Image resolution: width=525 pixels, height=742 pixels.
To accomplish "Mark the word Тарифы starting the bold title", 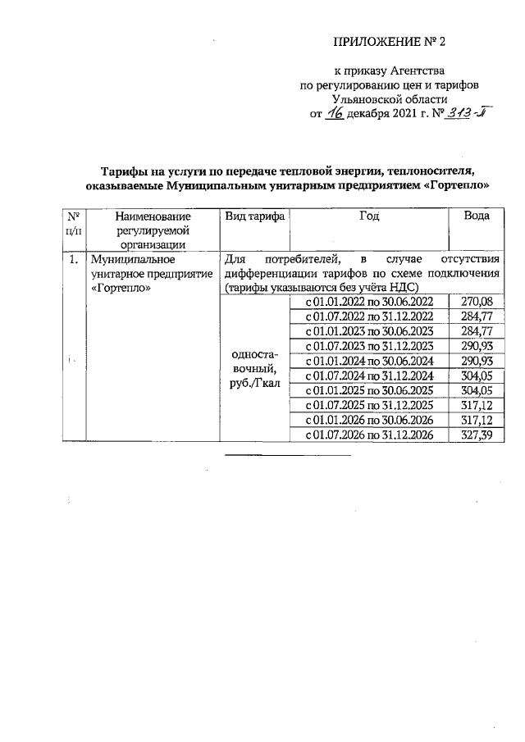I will coord(121,171).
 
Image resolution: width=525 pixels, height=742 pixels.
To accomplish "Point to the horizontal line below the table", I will coord(287,453).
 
